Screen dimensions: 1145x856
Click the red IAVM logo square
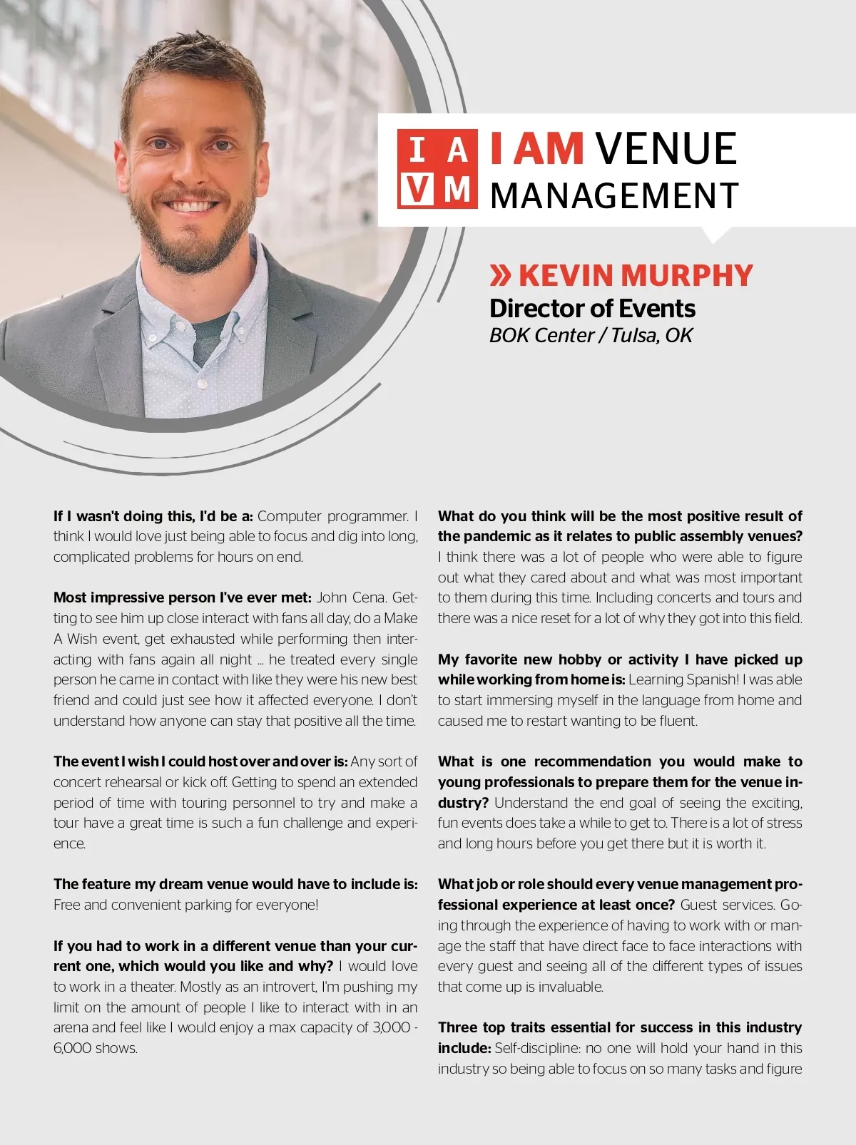tap(437, 170)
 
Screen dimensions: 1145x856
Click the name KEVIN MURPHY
tap(635, 275)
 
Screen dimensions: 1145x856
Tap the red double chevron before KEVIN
tap(501, 275)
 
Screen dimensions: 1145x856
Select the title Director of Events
tap(592, 309)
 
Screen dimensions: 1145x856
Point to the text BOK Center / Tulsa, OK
tap(591, 335)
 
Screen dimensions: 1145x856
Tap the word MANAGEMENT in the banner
tap(614, 196)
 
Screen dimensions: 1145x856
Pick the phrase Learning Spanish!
tap(683, 679)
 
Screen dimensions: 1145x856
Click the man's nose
tap(193, 174)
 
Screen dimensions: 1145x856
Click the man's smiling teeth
tap(191, 207)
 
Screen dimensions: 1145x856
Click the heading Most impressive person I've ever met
tap(182, 597)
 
